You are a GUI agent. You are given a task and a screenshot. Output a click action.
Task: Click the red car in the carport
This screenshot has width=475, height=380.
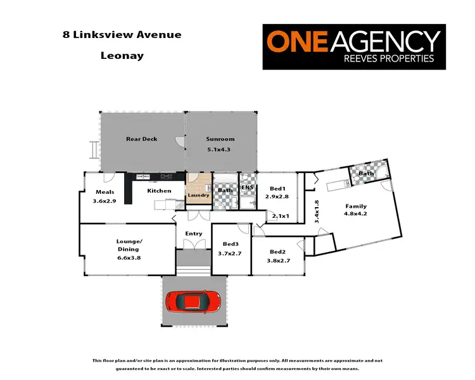(x=193, y=300)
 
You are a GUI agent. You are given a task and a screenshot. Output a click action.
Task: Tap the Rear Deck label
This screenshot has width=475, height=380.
(x=141, y=139)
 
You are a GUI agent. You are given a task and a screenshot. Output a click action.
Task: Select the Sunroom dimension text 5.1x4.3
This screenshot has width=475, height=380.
(x=220, y=150)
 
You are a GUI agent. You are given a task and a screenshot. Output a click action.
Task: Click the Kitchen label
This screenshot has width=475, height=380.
(x=159, y=191)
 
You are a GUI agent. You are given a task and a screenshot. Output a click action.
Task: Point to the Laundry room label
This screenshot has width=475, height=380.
(x=199, y=196)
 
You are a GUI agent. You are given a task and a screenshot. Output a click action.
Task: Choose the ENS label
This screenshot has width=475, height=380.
(x=248, y=188)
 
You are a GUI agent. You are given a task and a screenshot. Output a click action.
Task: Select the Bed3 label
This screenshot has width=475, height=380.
(x=231, y=244)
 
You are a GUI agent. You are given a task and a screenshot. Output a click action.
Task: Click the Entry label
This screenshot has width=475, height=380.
(x=194, y=234)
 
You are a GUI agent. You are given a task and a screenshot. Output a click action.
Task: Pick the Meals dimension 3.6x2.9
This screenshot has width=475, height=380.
(x=105, y=201)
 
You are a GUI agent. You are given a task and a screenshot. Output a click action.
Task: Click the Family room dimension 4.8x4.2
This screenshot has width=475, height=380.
(x=355, y=215)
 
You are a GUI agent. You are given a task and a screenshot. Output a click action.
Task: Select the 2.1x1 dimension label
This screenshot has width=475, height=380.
(x=280, y=216)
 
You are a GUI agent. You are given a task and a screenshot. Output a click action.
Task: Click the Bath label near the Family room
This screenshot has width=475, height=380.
(x=366, y=174)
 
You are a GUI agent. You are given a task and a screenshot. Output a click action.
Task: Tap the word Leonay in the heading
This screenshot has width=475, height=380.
(x=122, y=55)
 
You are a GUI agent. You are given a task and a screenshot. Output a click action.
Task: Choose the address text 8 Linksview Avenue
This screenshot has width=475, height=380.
(x=122, y=34)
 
